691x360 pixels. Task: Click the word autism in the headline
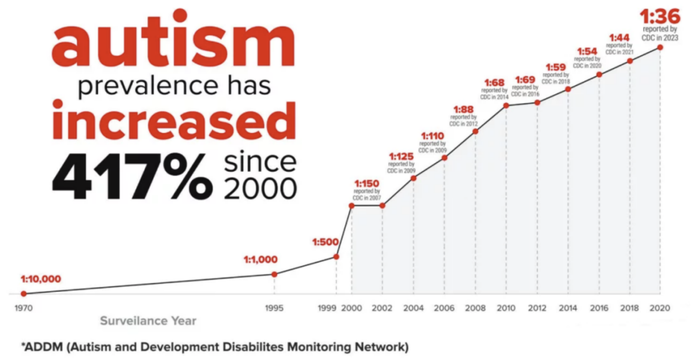172,46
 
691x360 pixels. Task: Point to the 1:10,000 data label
41,279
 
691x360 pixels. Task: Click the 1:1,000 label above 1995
261,260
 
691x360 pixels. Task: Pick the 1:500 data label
326,242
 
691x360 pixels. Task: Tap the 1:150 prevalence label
367,183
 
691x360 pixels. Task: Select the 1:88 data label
464,110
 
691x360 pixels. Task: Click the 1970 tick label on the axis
23,308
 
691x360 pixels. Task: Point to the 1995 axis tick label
274,308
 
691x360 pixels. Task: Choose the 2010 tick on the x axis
506,308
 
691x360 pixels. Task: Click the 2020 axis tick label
660,308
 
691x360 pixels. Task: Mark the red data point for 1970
24,293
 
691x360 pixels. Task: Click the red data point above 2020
660,47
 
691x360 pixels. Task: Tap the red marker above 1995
274,274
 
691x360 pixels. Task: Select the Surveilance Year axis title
148,321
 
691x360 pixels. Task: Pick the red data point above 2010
506,105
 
